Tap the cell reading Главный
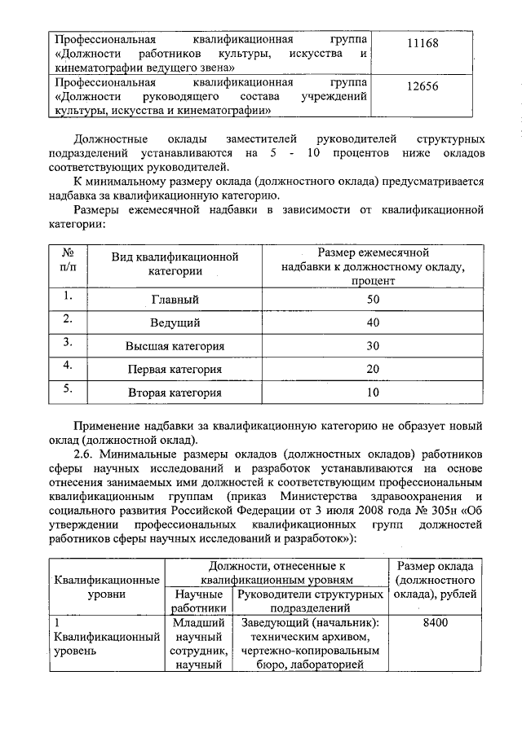(175, 300)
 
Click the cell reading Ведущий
(175, 323)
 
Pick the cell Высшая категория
(175, 346)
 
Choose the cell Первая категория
(175, 370)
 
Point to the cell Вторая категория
(175, 393)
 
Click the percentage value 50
(374, 300)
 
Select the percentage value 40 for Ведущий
(374, 323)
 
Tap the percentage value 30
(374, 346)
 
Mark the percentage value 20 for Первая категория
(374, 370)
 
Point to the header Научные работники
(198, 601)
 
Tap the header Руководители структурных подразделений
(310, 601)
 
